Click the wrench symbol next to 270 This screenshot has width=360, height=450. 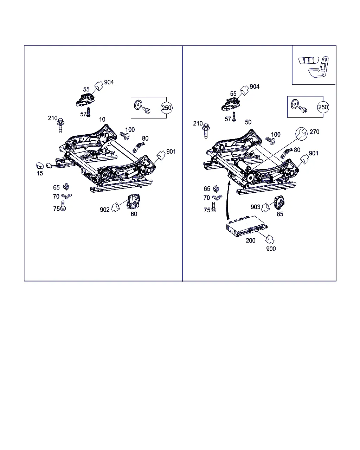(x=301, y=133)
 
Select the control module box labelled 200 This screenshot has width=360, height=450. (x=247, y=226)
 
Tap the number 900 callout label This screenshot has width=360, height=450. (x=271, y=249)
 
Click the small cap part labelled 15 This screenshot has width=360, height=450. (x=40, y=166)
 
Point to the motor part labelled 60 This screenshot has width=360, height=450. (x=133, y=201)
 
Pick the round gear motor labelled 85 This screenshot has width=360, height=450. (x=279, y=202)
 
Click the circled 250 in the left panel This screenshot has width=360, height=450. (x=167, y=108)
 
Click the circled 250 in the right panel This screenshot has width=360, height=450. (x=323, y=107)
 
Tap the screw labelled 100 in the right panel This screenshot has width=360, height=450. (x=270, y=141)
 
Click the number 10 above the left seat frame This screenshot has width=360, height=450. (x=102, y=120)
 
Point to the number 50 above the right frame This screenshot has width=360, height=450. (x=248, y=122)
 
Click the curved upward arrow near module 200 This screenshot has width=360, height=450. (x=228, y=200)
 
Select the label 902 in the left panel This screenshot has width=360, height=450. (x=105, y=210)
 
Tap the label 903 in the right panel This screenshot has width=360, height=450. (x=255, y=207)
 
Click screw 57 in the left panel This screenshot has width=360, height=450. (x=88, y=112)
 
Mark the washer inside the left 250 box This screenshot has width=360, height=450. (x=138, y=104)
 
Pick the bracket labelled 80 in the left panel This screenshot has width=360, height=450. (x=139, y=147)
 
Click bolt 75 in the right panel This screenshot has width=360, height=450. (x=213, y=207)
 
